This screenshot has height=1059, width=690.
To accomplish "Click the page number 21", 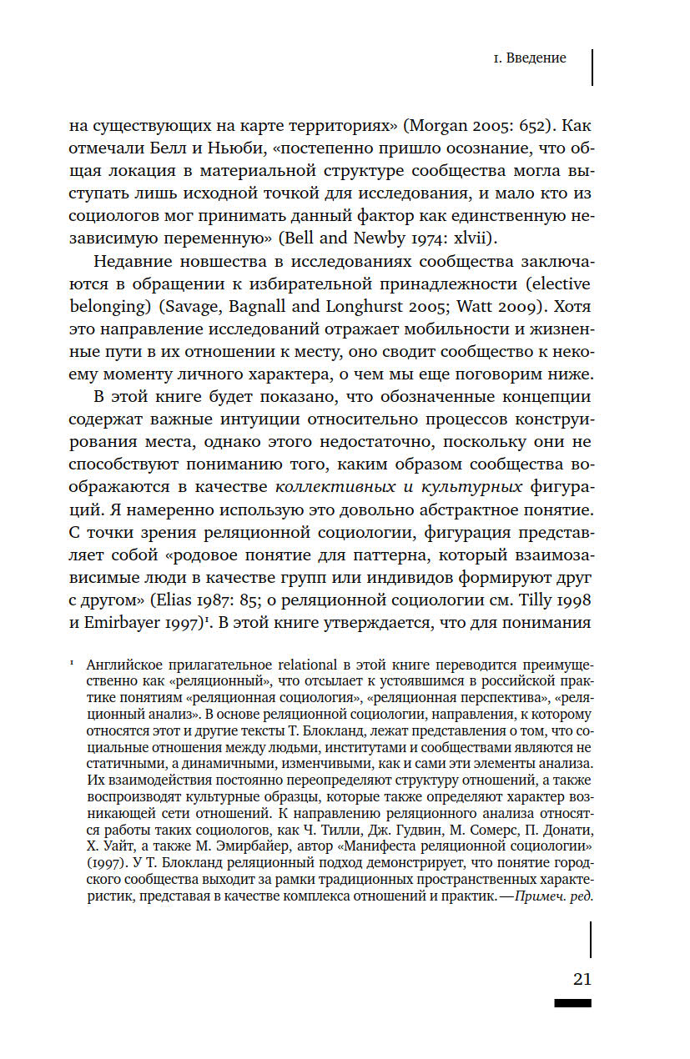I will click(582, 979).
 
